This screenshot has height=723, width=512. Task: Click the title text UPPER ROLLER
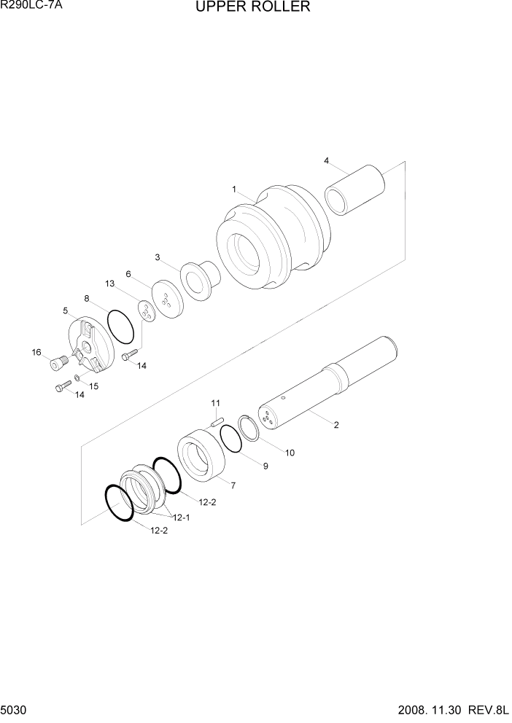[x=252, y=8]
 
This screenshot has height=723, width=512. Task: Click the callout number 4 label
[x=326, y=160]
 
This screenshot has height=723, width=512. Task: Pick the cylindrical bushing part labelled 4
[x=355, y=190]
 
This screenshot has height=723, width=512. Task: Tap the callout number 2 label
[x=336, y=426]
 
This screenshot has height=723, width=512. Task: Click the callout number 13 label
[x=110, y=283]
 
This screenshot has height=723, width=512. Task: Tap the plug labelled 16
[x=59, y=361]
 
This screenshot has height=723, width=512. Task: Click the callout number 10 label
[x=290, y=453]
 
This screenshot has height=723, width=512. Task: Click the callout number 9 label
[x=265, y=466]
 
